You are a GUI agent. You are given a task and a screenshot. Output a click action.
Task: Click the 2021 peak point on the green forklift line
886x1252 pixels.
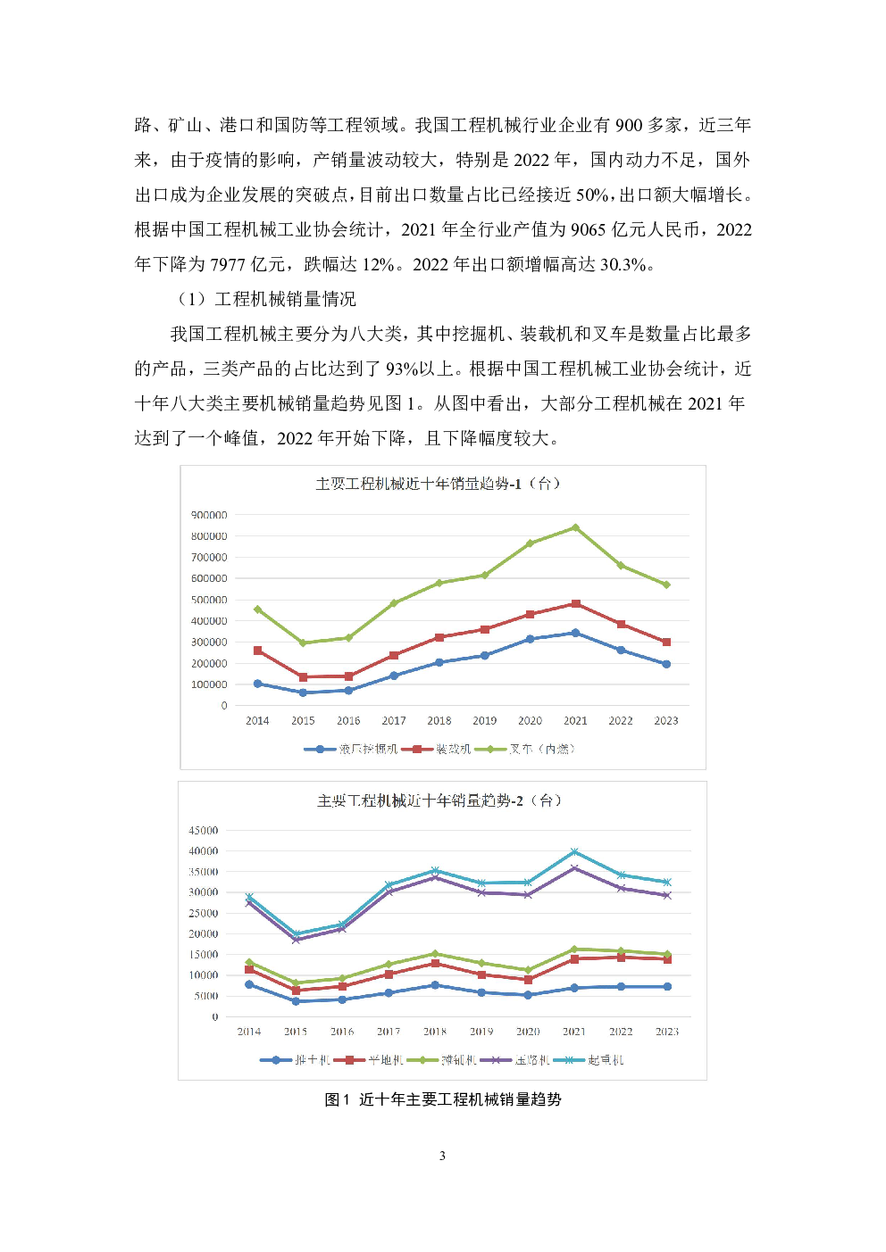pyautogui.click(x=575, y=527)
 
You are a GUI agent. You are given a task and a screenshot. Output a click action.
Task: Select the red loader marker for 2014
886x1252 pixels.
pyautogui.click(x=257, y=651)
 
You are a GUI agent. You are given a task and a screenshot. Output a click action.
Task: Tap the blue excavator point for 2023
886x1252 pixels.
pyautogui.click(x=666, y=664)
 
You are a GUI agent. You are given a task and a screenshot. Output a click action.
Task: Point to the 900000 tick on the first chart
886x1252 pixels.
pyautogui.click(x=209, y=515)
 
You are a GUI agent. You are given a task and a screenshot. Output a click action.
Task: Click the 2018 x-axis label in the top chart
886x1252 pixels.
pyautogui.click(x=439, y=721)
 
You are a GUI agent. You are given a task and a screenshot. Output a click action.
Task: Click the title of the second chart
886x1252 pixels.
pyautogui.click(x=439, y=800)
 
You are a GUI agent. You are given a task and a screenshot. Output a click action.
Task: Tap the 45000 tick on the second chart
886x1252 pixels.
pyautogui.click(x=203, y=830)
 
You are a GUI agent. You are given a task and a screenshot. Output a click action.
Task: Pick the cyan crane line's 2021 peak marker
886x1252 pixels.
pyautogui.click(x=574, y=852)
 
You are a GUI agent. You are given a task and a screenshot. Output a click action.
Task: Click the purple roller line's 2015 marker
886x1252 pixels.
pyautogui.click(x=296, y=940)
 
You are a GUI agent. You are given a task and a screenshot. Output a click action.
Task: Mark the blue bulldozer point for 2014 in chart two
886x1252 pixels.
pyautogui.click(x=249, y=984)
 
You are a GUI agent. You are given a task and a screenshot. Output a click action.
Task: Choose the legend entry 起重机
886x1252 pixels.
pyautogui.click(x=606, y=1060)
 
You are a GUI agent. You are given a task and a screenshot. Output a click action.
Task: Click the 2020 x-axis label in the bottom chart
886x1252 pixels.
pyautogui.click(x=528, y=1032)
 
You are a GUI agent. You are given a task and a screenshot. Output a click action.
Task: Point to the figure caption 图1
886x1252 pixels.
pyautogui.click(x=337, y=1099)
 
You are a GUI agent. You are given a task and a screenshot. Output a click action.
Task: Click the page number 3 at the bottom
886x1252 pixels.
pyautogui.click(x=442, y=1156)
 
